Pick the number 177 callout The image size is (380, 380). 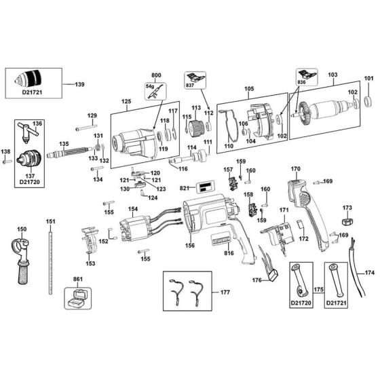pos(225,292)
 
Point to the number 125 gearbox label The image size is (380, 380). pos(126,101)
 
